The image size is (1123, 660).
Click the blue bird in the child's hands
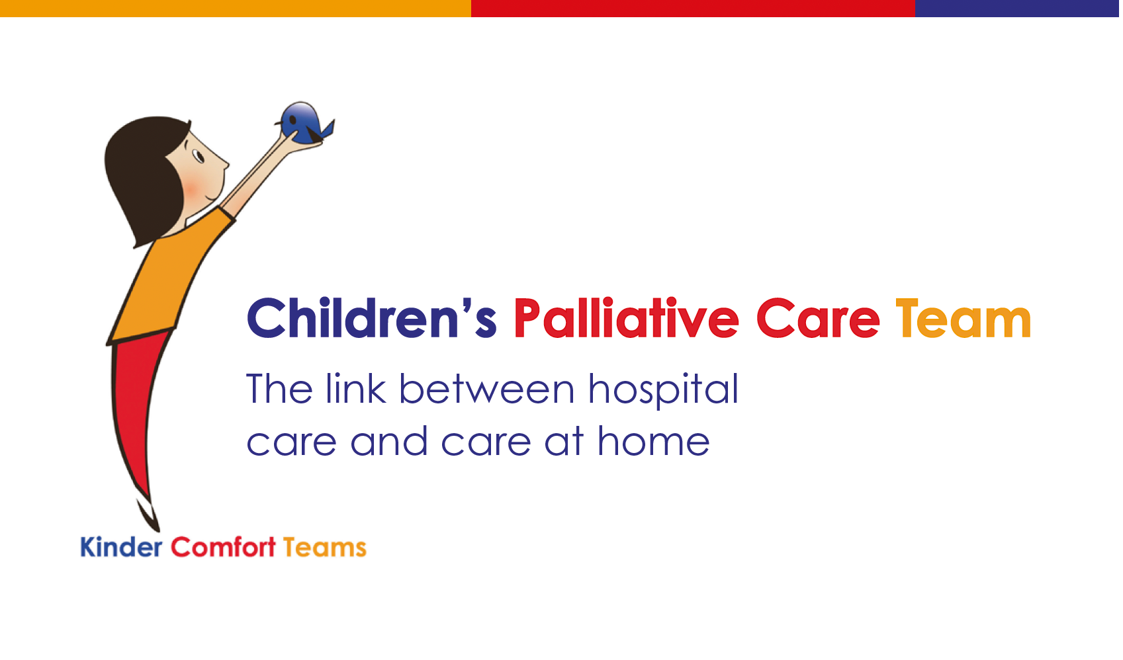pyautogui.click(x=302, y=123)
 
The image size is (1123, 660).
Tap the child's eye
pyautogui.click(x=197, y=156)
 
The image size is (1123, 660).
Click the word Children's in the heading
pyautogui.click(x=371, y=319)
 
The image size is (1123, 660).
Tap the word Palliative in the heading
pyautogui.click(x=625, y=319)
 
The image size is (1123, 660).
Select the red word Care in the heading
pyautogui.click(x=817, y=319)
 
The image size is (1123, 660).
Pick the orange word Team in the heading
pyautogui.click(x=963, y=319)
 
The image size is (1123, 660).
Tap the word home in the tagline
pyautogui.click(x=653, y=442)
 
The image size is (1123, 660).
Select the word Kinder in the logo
pyautogui.click(x=121, y=548)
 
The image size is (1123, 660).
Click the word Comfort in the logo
pyautogui.click(x=223, y=548)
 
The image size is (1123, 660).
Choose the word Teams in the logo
pyautogui.click(x=324, y=548)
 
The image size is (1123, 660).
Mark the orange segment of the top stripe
pyautogui.click(x=235, y=8)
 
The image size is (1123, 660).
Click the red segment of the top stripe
pyautogui.click(x=693, y=8)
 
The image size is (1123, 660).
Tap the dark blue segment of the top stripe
pyautogui.click(x=1016, y=8)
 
